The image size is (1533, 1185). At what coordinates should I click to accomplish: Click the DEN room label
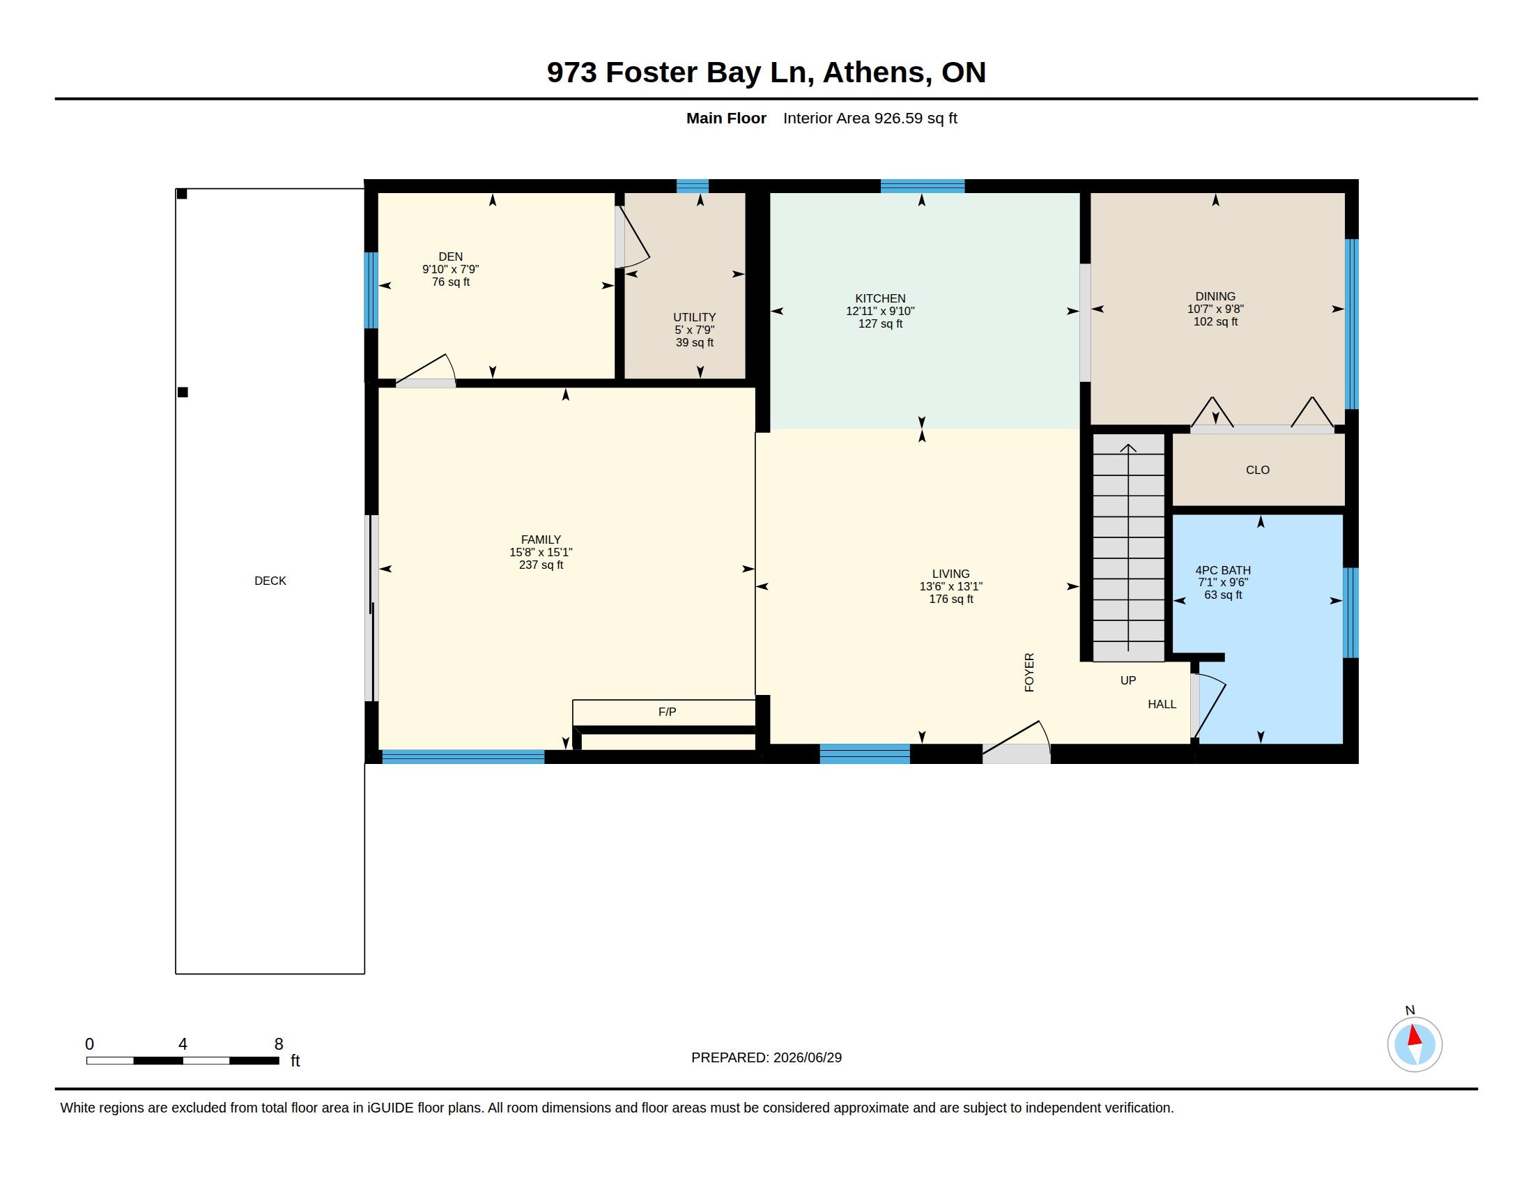(451, 257)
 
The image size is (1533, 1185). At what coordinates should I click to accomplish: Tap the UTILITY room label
(694, 317)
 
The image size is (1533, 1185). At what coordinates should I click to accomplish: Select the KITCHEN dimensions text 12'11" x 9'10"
(880, 311)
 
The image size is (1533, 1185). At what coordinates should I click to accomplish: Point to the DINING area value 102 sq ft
(1216, 321)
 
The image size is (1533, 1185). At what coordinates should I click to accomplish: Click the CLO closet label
(1258, 471)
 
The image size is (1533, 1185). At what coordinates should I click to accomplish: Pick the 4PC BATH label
(1223, 571)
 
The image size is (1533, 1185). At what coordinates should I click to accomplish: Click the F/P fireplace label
(667, 712)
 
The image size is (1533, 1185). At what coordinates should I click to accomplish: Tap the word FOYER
(1029, 673)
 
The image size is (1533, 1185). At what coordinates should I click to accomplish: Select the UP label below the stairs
(1128, 680)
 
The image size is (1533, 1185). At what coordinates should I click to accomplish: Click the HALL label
(1162, 704)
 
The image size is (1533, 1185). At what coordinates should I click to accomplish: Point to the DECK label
(270, 581)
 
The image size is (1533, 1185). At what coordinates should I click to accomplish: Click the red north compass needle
(1415, 1035)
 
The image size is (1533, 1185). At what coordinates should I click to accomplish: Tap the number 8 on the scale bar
(279, 1044)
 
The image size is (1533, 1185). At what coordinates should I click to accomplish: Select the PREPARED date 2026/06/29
(807, 1058)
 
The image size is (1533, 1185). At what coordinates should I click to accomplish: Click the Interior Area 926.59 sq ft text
(870, 118)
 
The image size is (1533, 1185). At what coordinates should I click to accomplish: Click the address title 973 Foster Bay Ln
(680, 73)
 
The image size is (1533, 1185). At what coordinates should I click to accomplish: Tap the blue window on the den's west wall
(371, 291)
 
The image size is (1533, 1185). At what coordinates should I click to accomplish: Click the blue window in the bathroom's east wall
(1350, 613)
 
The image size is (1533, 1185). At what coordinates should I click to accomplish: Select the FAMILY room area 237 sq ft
(541, 565)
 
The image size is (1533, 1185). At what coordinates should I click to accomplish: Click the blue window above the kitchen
(923, 186)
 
